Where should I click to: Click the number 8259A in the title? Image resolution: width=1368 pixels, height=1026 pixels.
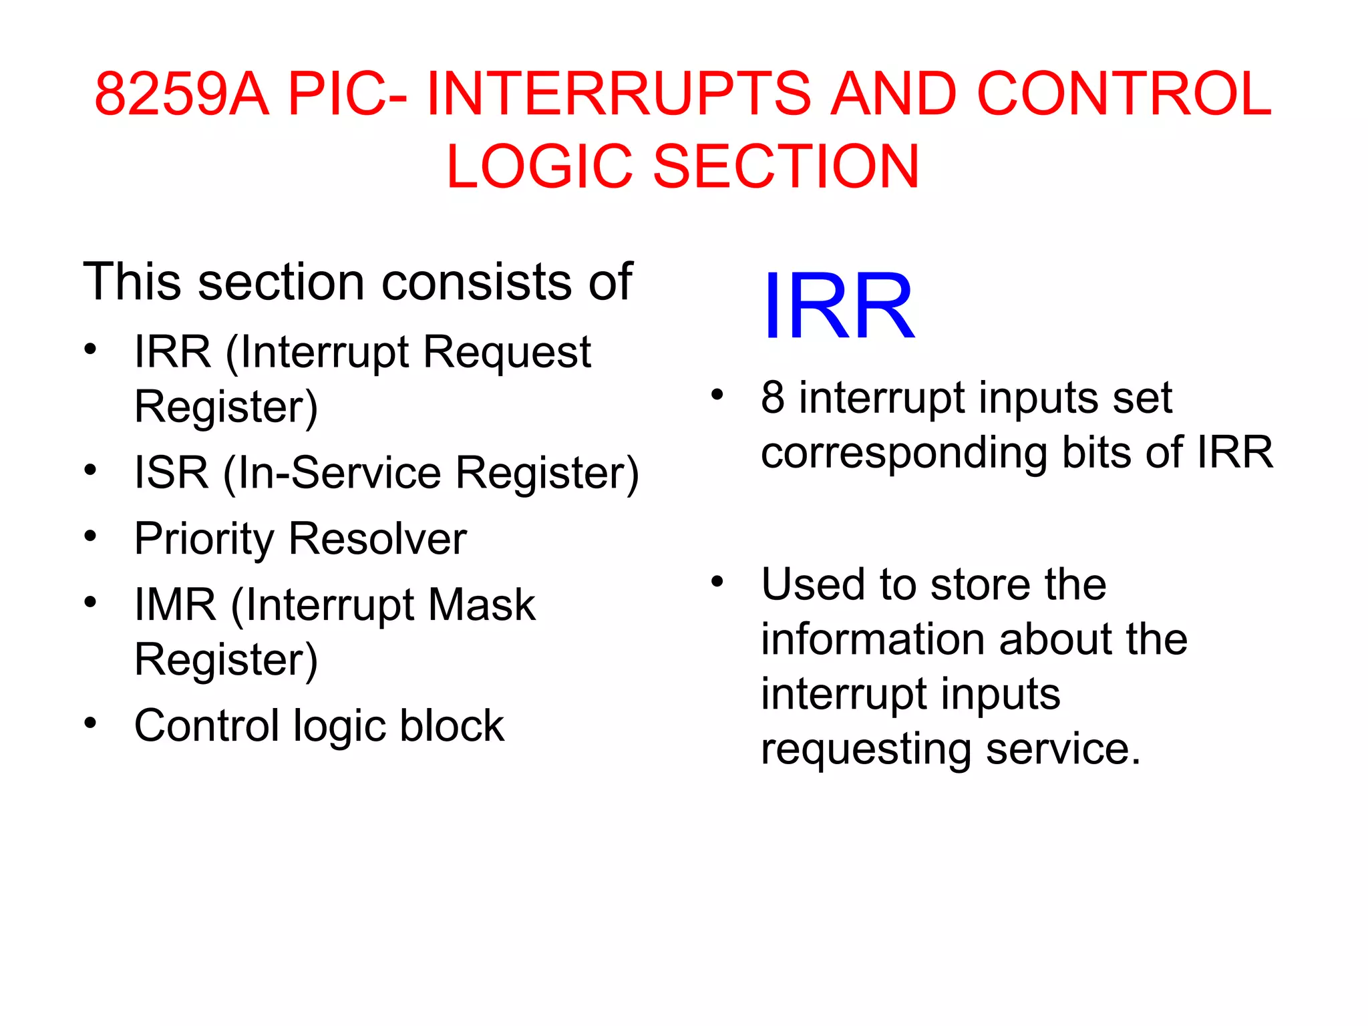(182, 94)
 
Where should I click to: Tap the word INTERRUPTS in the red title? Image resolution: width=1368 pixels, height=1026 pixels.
(619, 94)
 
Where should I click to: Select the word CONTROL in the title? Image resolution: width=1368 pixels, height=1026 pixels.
(1124, 94)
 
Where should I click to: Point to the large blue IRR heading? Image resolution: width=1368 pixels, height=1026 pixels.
(838, 307)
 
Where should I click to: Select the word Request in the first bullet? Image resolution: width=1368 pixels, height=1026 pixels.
(507, 352)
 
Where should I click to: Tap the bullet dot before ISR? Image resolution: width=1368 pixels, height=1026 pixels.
(90, 470)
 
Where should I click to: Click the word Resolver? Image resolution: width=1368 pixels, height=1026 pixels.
(377, 539)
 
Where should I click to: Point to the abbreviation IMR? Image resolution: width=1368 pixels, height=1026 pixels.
(175, 605)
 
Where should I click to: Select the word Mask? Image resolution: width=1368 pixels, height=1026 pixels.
(481, 605)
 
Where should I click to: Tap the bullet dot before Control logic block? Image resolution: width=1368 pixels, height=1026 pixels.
(90, 723)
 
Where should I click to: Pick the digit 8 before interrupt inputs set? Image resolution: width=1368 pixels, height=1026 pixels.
(772, 397)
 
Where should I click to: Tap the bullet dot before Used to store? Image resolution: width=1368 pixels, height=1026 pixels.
(717, 582)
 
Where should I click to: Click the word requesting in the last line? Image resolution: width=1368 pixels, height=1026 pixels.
(866, 749)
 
